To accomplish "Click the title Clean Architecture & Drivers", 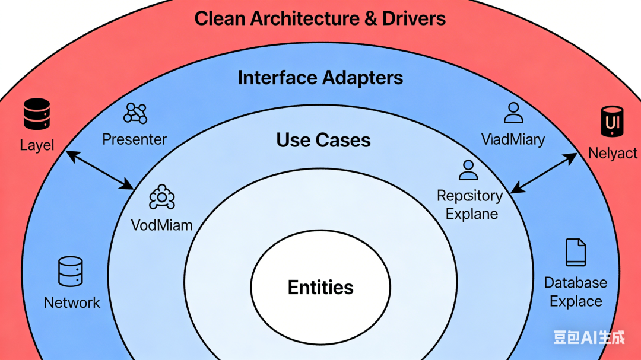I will point(320,18).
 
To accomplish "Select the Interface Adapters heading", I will point(320,78).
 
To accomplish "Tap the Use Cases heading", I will point(323,140).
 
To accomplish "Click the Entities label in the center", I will point(320,288).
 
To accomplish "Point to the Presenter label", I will point(135,139).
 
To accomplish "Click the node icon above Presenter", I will point(135,113).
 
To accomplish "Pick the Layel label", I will point(37,145).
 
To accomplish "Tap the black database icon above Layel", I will point(37,114).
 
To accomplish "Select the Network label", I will point(72,302).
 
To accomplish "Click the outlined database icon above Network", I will point(71,272).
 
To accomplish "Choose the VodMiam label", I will point(162,225).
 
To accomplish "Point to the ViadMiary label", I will point(513,139).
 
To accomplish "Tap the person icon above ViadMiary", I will point(513,113).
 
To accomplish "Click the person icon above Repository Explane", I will point(468,170).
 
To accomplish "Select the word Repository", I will point(469,196).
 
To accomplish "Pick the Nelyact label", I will point(613,154).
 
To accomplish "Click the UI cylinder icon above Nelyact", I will point(611,122).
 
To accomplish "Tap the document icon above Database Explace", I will point(576,252).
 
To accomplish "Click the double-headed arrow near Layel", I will point(100,170).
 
